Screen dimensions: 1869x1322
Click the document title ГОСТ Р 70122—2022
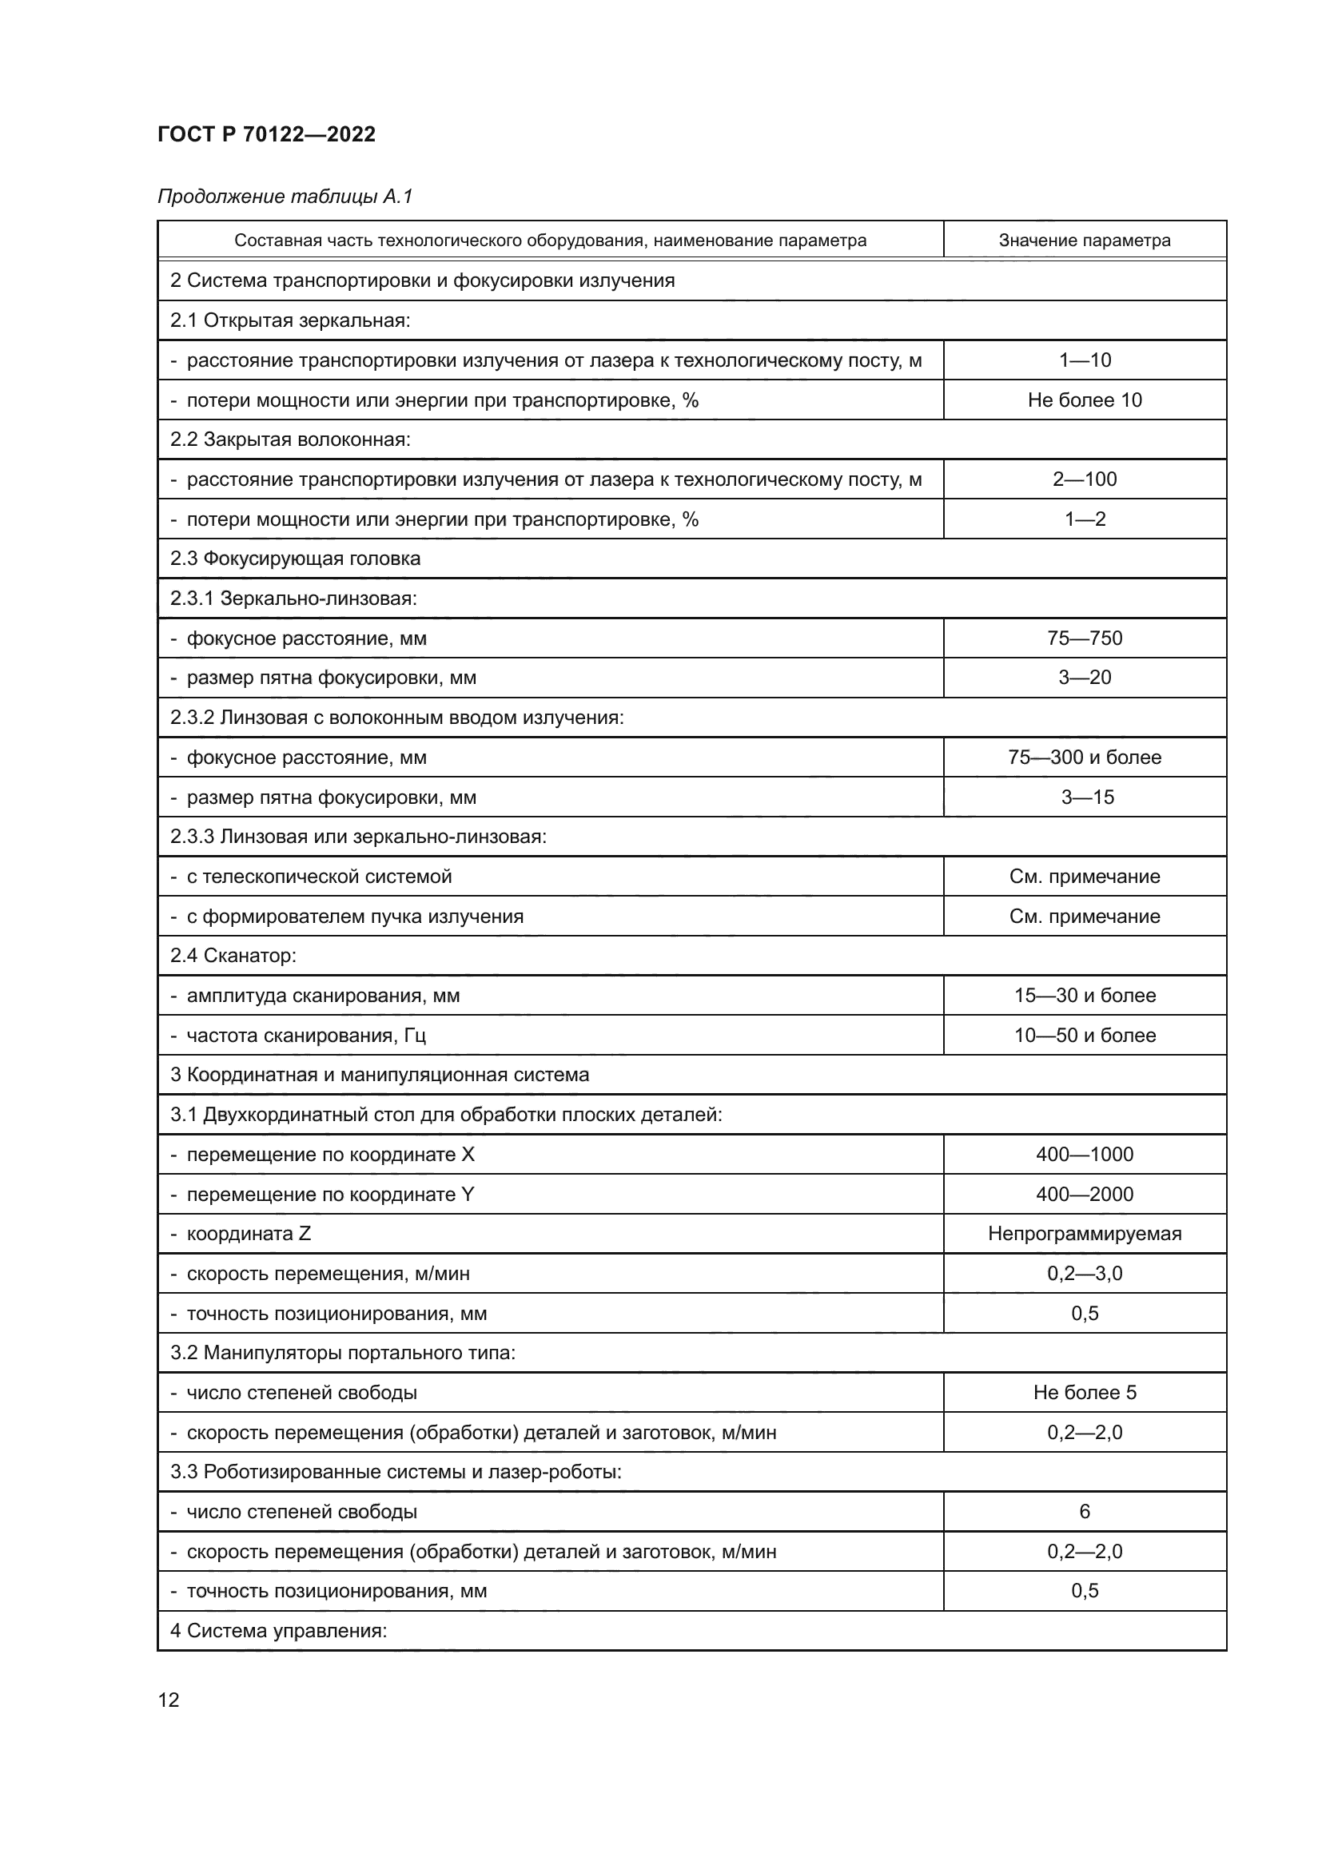point(266,134)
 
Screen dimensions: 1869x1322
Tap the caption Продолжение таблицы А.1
point(285,197)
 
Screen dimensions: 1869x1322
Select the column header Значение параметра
point(1085,241)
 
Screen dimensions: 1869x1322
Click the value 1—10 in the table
point(1085,360)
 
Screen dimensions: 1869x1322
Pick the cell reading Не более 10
point(1085,400)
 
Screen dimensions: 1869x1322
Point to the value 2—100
point(1085,479)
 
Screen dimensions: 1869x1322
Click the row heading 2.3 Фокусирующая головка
point(295,559)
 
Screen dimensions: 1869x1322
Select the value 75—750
point(1085,638)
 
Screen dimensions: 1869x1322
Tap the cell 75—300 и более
point(1085,757)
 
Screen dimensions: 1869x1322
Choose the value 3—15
point(1087,797)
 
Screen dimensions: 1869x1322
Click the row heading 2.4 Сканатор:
point(233,955)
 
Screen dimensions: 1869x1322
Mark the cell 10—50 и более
point(1085,1035)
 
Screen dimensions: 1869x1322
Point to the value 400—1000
point(1085,1154)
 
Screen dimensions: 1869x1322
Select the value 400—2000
point(1085,1193)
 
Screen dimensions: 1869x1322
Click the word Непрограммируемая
point(1085,1233)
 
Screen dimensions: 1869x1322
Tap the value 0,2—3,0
point(1085,1273)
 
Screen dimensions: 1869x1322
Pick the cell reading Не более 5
point(1085,1392)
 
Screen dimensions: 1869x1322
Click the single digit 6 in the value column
point(1085,1511)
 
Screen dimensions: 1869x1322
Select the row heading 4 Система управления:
point(277,1631)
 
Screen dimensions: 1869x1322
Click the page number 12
point(169,1700)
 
